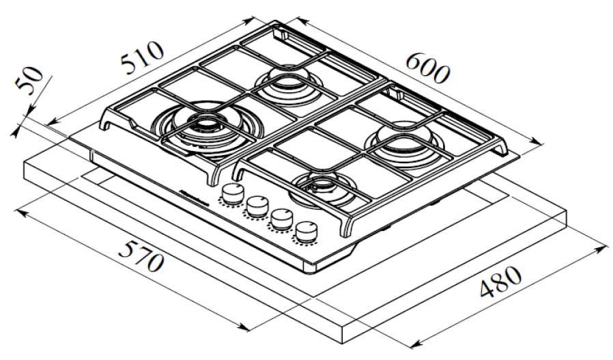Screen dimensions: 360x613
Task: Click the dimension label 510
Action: click(143, 58)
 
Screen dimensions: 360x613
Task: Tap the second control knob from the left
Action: click(257, 204)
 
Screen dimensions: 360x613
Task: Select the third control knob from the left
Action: click(280, 217)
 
